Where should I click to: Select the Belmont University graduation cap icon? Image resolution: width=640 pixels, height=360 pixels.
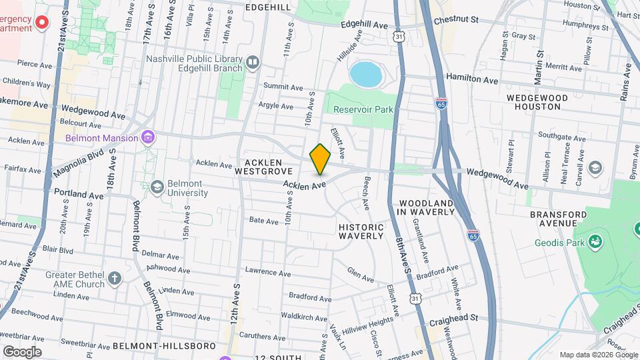click(x=158, y=186)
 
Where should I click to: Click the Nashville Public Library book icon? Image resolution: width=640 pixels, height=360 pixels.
click(x=252, y=63)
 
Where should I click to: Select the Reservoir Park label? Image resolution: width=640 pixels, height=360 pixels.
click(x=363, y=109)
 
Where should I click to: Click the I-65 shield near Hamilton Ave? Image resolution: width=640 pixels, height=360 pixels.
click(x=441, y=103)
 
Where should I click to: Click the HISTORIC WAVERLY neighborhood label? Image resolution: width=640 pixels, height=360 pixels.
click(x=361, y=231)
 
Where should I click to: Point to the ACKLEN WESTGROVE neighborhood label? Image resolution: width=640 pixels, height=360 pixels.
click(x=264, y=167)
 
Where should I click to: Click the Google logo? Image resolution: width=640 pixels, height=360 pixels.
click(x=22, y=352)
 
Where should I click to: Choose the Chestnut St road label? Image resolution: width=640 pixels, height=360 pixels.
click(x=456, y=21)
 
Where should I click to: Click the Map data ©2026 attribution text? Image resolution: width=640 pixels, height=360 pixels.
click(x=597, y=355)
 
